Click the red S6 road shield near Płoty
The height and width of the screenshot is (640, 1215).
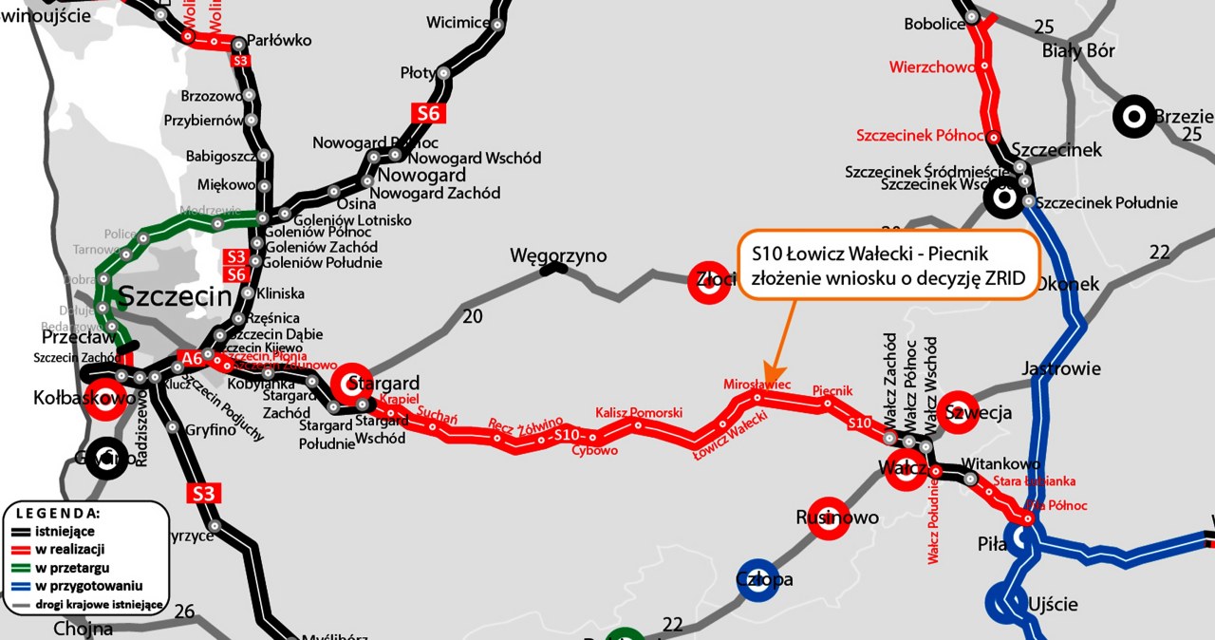coord(429,113)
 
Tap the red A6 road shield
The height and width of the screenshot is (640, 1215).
coord(191,358)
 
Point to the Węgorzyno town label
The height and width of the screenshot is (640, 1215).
coord(558,255)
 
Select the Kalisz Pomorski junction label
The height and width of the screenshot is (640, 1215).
coord(639,413)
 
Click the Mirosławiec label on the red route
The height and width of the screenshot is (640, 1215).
coord(757,385)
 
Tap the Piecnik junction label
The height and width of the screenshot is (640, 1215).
coord(833,390)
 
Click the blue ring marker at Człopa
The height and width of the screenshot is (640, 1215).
coord(758,580)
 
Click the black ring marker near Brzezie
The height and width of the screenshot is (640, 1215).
coord(1133,118)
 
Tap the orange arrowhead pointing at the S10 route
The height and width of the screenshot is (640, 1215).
coord(772,369)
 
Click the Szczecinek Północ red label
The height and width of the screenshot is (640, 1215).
coord(919,136)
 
